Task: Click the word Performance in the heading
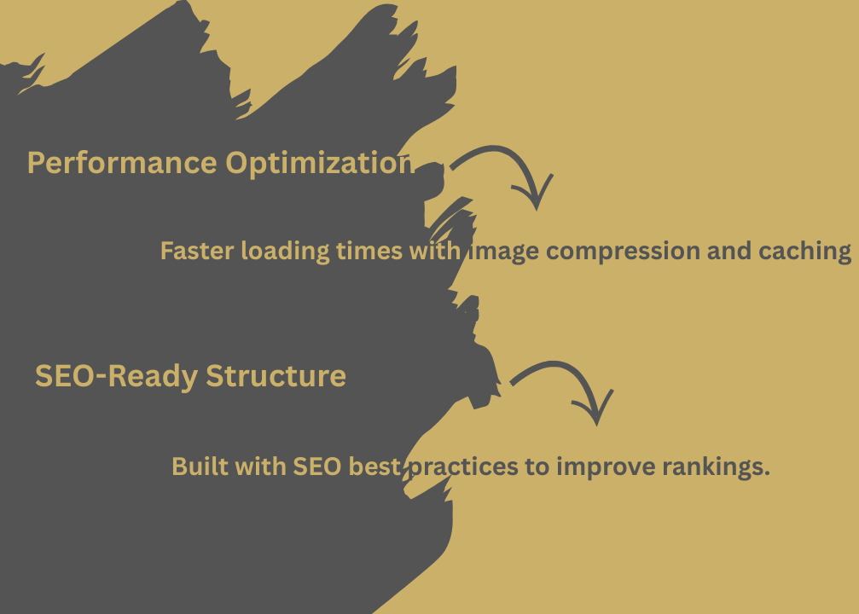tap(122, 163)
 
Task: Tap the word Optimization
tap(320, 164)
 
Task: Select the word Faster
tap(197, 251)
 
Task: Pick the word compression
tap(623, 252)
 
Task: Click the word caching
tap(804, 252)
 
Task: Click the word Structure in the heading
tap(276, 376)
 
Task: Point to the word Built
tap(200, 466)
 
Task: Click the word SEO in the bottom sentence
tap(317, 466)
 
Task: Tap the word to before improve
tap(537, 467)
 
